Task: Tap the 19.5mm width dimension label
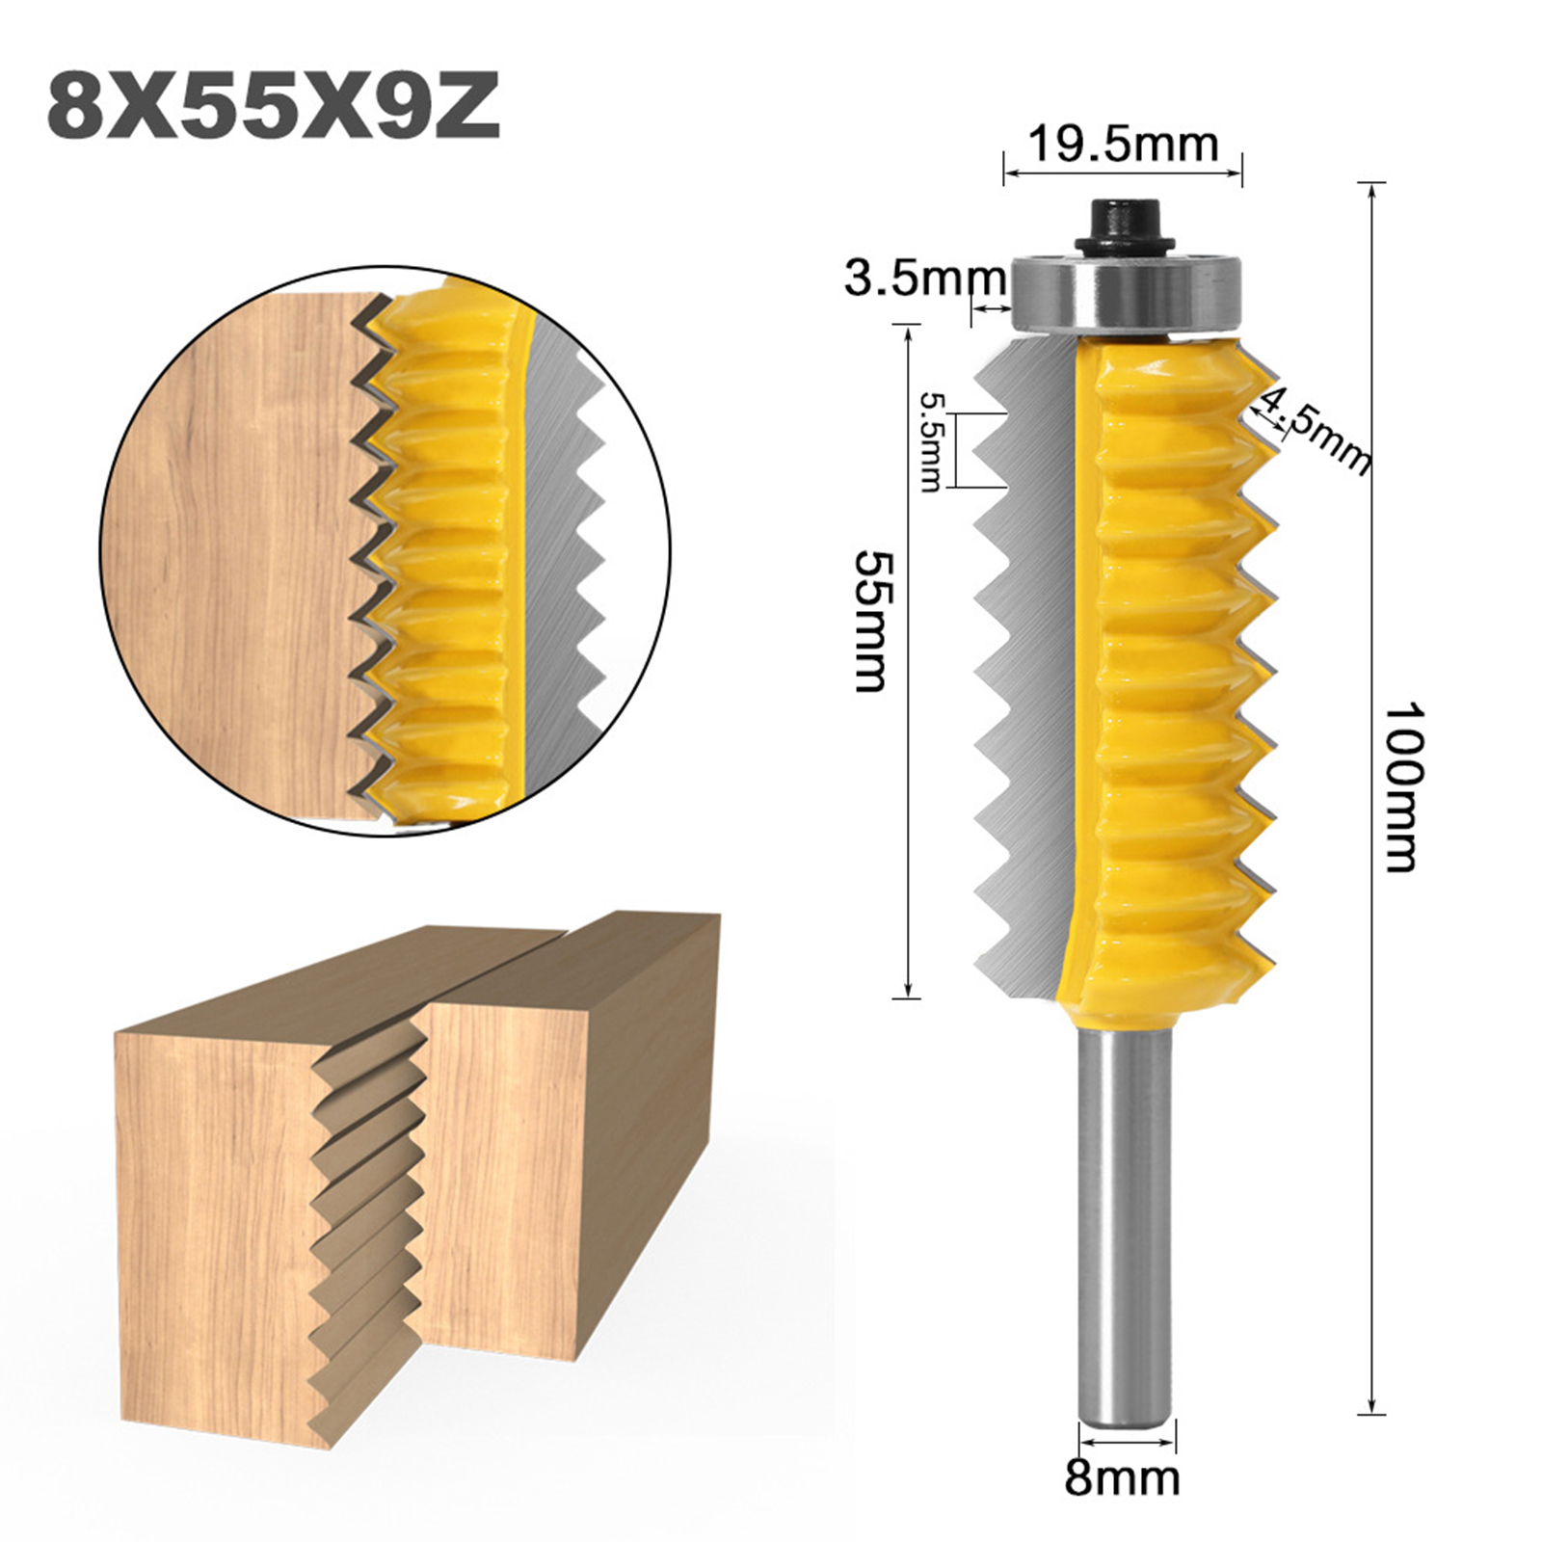tap(1123, 145)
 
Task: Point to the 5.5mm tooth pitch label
tap(930, 441)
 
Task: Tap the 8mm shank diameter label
tap(1123, 1477)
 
